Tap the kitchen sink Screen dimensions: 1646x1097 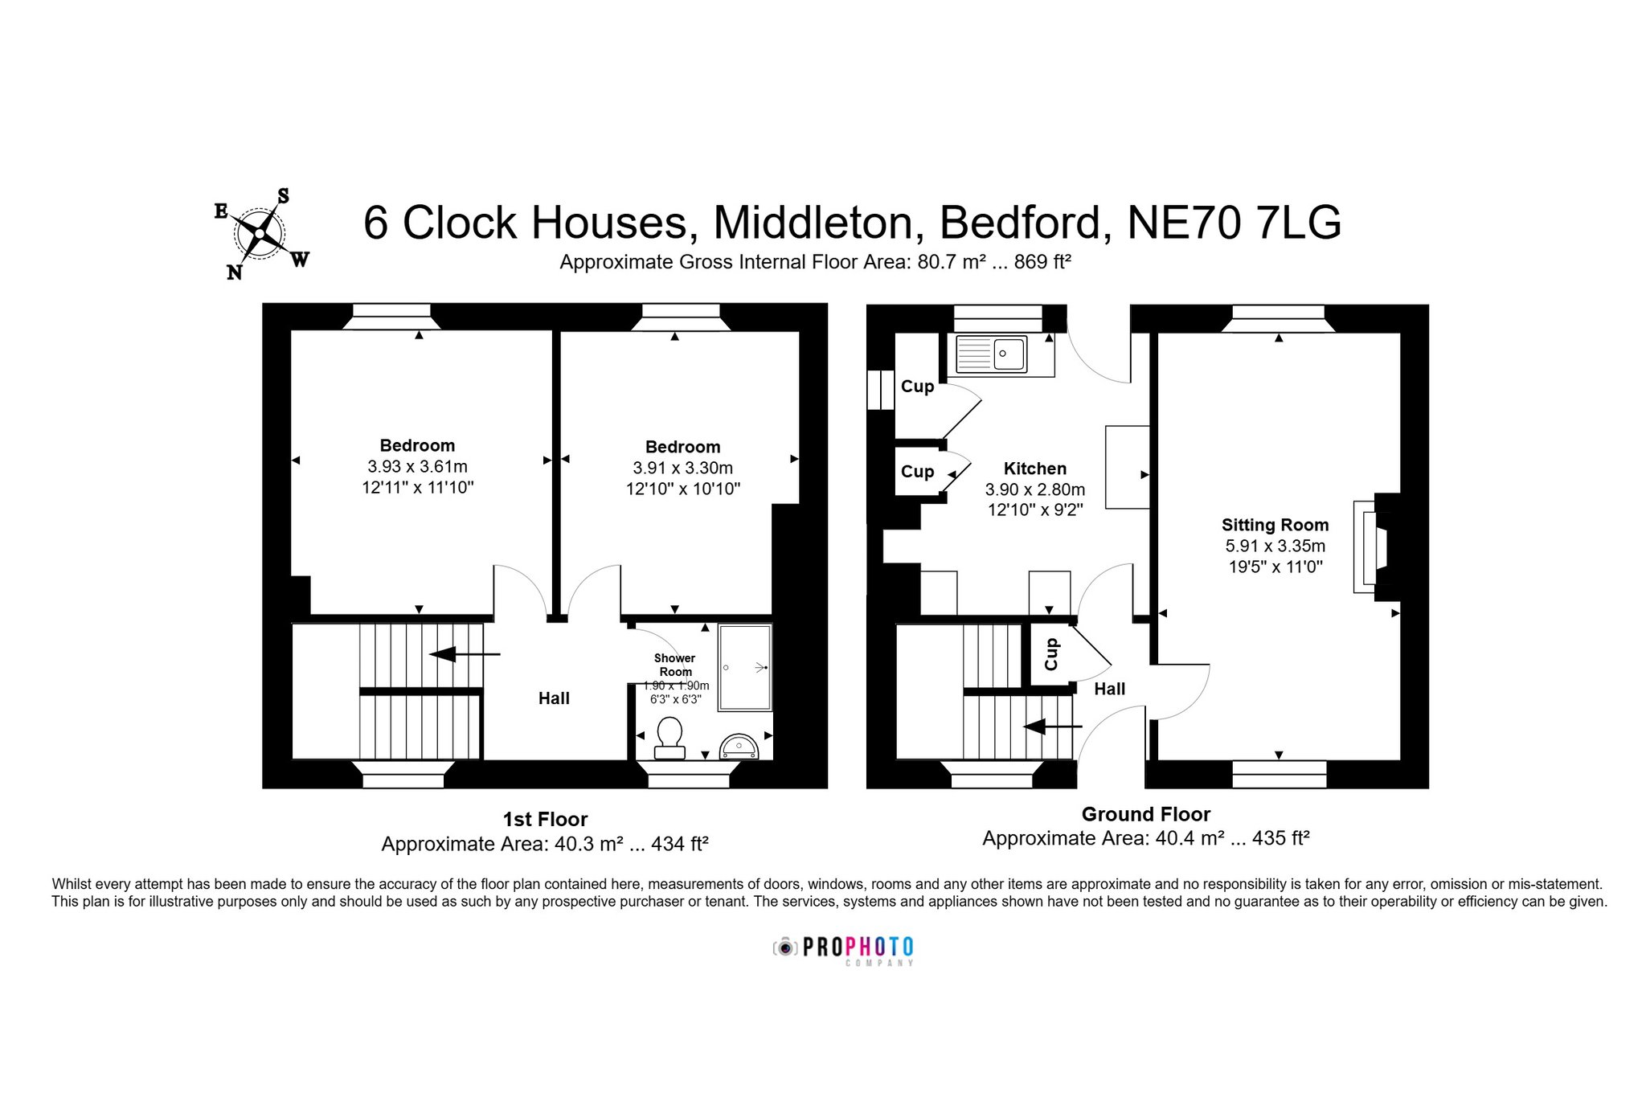[x=989, y=354]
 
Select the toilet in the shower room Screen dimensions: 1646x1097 [x=669, y=738]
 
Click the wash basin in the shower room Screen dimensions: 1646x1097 [x=739, y=747]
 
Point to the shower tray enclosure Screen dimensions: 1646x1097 [x=745, y=667]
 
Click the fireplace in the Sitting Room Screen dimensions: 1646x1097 [x=1377, y=547]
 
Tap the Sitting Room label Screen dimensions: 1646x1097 [x=1275, y=525]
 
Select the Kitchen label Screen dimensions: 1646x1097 [x=1035, y=469]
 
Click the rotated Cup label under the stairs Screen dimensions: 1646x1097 [x=1051, y=654]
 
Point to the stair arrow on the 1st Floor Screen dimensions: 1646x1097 [x=465, y=654]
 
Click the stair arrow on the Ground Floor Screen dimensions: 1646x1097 [x=1052, y=727]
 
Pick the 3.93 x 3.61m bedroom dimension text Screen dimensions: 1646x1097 [x=417, y=466]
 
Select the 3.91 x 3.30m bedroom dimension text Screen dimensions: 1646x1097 [x=682, y=468]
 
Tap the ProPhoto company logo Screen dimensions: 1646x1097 [x=843, y=949]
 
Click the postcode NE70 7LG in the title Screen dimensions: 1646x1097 [x=1234, y=223]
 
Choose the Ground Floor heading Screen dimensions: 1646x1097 [x=1145, y=814]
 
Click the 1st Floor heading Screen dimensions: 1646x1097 [x=545, y=819]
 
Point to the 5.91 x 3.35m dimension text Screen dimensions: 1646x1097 [x=1275, y=546]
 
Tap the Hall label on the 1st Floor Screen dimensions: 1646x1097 [x=554, y=698]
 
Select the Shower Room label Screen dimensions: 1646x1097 [x=675, y=665]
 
